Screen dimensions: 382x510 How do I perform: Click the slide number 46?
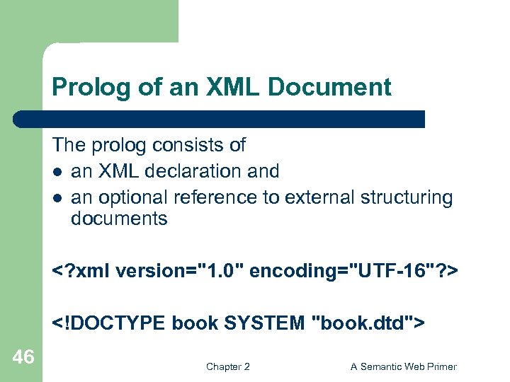(x=23, y=358)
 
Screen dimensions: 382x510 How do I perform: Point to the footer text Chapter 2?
(x=227, y=366)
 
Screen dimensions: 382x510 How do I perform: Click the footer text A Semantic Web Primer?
(x=404, y=366)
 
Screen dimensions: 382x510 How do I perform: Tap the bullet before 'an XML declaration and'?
(x=57, y=172)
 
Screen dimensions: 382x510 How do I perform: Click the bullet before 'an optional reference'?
(x=57, y=198)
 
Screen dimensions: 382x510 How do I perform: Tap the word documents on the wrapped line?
(x=119, y=219)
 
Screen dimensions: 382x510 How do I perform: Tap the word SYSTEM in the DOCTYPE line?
(x=266, y=323)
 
